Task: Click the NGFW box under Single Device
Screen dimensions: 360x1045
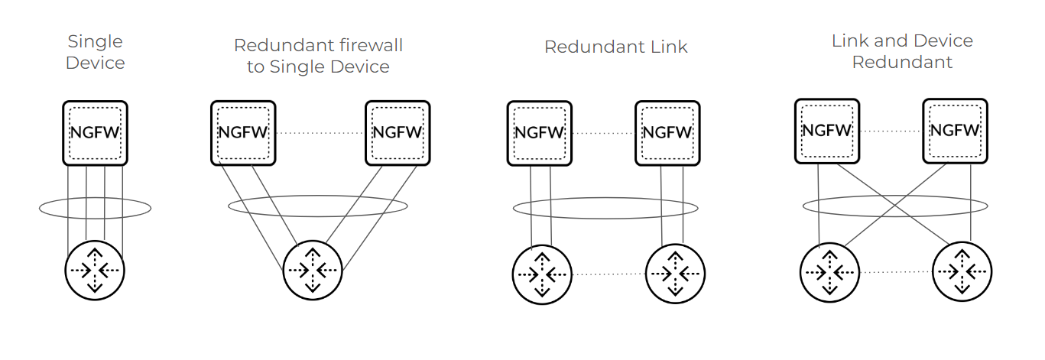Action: point(95,132)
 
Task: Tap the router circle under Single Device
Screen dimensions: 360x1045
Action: point(95,271)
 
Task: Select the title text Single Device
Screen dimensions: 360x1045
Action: point(95,52)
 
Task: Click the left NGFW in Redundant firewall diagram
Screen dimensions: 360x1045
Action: point(243,132)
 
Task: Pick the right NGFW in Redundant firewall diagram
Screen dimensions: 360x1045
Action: point(398,132)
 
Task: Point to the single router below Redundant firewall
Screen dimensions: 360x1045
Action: point(313,271)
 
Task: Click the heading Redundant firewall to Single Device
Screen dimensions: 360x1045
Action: point(318,56)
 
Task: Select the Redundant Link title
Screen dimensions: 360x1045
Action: point(615,47)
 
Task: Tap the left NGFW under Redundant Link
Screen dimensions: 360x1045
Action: point(539,132)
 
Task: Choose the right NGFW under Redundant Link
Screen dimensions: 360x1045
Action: point(667,132)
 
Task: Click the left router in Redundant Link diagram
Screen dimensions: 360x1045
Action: point(541,274)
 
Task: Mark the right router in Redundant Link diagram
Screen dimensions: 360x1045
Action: point(676,274)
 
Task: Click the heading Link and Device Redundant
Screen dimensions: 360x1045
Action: point(902,51)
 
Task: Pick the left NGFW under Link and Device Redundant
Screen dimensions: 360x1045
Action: point(826,131)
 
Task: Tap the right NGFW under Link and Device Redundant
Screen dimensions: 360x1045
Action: point(955,131)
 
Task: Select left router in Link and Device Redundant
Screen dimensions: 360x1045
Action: point(829,272)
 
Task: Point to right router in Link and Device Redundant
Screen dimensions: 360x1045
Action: point(962,272)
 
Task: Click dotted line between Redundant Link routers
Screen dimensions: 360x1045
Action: point(609,274)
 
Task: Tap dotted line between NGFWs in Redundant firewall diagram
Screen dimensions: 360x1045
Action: point(320,133)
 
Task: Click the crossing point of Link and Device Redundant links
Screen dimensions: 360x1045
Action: point(892,205)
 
